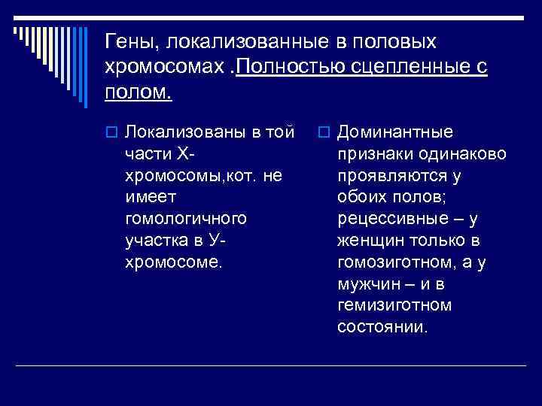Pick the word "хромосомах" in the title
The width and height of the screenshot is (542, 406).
[x=163, y=68]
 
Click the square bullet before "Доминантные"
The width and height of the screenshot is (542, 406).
[x=324, y=133]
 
